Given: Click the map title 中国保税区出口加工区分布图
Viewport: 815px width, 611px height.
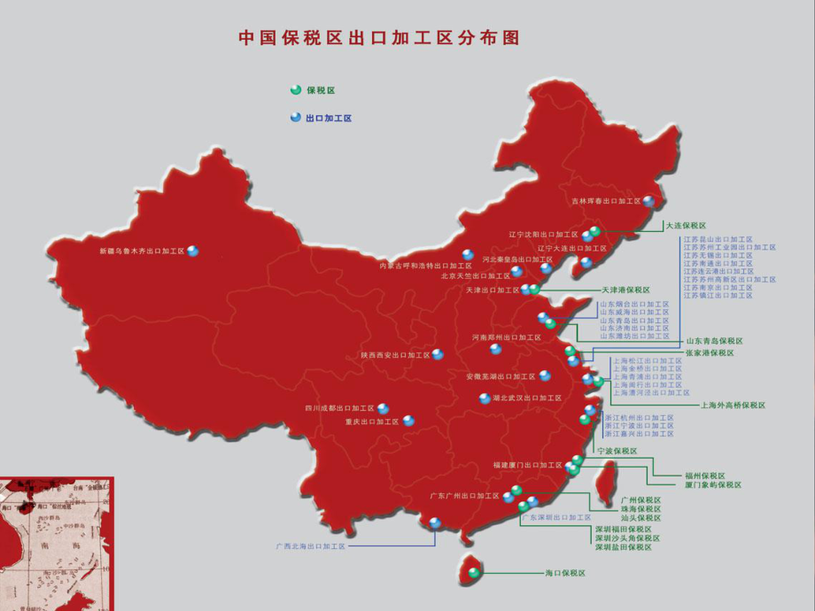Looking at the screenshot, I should click(378, 38).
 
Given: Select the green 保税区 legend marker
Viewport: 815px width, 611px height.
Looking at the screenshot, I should click(295, 89).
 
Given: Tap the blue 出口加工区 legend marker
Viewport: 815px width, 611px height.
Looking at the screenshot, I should click(295, 117).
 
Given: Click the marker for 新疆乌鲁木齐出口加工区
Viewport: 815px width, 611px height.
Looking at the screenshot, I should click(193, 251).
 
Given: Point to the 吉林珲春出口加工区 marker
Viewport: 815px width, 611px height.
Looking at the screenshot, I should click(648, 201).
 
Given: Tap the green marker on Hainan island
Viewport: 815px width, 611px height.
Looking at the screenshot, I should click(475, 573).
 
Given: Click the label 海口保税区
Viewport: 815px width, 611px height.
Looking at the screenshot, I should click(565, 573).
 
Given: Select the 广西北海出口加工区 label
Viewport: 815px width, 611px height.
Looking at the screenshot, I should click(310, 547).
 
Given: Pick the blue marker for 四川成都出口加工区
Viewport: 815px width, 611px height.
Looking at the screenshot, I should click(383, 408).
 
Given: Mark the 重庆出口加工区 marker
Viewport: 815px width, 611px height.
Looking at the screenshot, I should click(408, 421).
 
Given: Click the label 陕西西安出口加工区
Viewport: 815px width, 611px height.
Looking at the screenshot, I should click(394, 355).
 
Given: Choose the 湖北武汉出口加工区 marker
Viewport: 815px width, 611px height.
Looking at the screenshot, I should click(485, 398).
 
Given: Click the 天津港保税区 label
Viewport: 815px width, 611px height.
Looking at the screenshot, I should click(625, 290).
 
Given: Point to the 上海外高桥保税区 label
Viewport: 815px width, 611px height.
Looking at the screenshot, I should click(733, 406).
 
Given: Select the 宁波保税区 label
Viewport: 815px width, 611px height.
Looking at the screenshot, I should click(617, 451).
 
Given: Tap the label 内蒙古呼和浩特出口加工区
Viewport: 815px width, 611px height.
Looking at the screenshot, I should click(425, 265).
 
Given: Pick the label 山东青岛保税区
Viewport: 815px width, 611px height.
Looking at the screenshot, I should click(713, 341).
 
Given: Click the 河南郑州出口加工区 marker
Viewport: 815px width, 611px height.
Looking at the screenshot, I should click(496, 349).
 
